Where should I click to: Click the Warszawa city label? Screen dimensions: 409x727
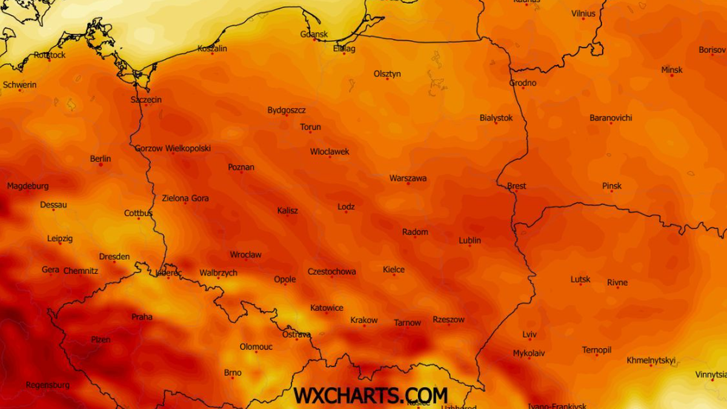pos(408,178)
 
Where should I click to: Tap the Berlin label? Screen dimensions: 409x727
pos(101,159)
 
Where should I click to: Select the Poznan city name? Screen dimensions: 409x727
pos(241,167)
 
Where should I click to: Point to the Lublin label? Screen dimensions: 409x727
pos(470,241)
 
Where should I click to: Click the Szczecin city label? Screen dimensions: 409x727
pos(146,99)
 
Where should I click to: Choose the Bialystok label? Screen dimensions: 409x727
pos(496,118)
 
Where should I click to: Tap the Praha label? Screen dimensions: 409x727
pos(142,317)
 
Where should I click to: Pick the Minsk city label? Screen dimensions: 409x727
pos(672,70)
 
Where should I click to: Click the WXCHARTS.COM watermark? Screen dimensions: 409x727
pos(370,395)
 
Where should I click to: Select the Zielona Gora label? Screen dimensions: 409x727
pos(185,198)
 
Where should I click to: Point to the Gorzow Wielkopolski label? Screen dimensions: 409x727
pos(173,148)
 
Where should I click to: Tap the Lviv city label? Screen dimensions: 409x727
pos(529,334)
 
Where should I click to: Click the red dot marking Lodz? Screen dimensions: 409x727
pos(347,212)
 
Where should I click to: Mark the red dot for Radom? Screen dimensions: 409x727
pos(415,237)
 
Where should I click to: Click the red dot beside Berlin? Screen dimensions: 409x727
pos(101,165)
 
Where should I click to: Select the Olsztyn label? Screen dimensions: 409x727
pos(387,74)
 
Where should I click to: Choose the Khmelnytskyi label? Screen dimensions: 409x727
pos(651,361)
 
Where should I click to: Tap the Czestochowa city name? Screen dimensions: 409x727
pos(331,271)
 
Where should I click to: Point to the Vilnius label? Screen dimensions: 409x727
pos(583,13)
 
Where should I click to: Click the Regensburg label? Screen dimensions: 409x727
pos(47,385)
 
